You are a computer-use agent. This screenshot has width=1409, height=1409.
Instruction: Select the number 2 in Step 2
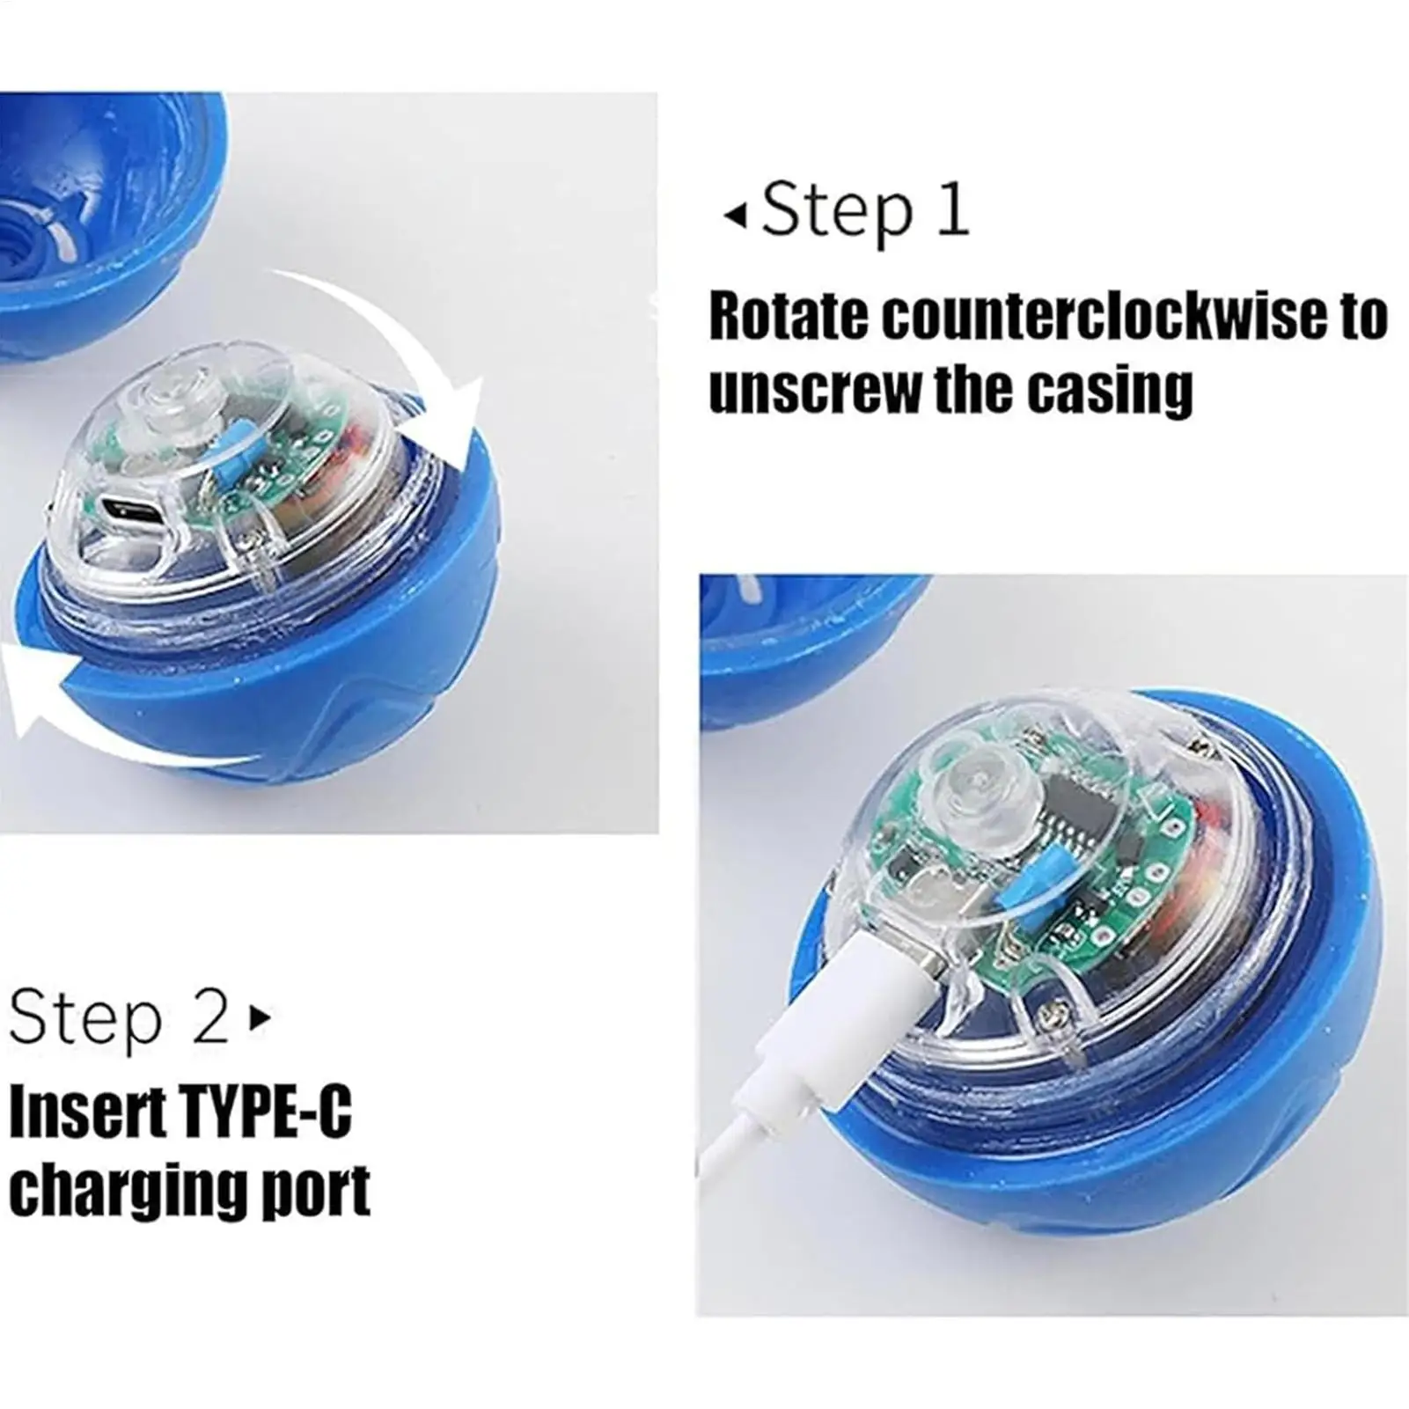(210, 1018)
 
